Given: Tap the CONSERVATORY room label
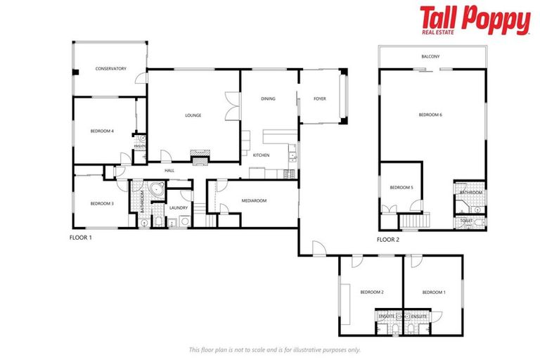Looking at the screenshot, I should pyautogui.click(x=110, y=69).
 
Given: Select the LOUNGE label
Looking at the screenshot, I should pyautogui.click(x=193, y=115).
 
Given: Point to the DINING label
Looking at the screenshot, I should pyautogui.click(x=268, y=99).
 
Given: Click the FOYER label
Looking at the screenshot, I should pyautogui.click(x=319, y=99).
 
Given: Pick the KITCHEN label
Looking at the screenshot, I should pyautogui.click(x=261, y=155).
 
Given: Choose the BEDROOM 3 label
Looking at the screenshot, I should pyautogui.click(x=102, y=204).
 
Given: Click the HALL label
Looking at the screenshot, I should pyautogui.click(x=169, y=170).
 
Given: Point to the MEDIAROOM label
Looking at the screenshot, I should pyautogui.click(x=254, y=200).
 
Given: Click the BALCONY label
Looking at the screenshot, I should pyautogui.click(x=430, y=56).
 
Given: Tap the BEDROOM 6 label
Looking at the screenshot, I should pyautogui.click(x=430, y=115).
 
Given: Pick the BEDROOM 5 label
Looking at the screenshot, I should pyautogui.click(x=401, y=187).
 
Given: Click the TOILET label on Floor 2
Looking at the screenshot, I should pyautogui.click(x=466, y=220).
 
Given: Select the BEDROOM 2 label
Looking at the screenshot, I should pyautogui.click(x=371, y=292).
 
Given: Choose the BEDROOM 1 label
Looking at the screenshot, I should pyautogui.click(x=433, y=292).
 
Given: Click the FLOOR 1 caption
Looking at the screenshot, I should pyautogui.click(x=81, y=238).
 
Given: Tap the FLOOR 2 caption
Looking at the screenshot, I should pyautogui.click(x=387, y=240).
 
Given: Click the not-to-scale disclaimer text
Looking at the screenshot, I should pyautogui.click(x=274, y=349).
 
